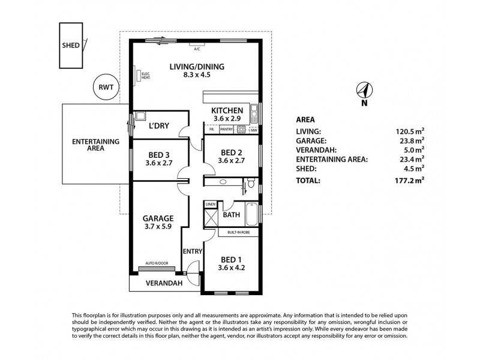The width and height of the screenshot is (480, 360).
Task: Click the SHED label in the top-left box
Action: pyautogui.click(x=70, y=45)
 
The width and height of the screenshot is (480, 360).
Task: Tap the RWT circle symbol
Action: pyautogui.click(x=106, y=87)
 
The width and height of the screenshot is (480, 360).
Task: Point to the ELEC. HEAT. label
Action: pyautogui.click(x=145, y=76)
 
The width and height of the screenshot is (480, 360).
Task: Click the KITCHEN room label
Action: pyautogui.click(x=227, y=110)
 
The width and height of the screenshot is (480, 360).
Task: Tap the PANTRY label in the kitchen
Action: pyautogui.click(x=227, y=129)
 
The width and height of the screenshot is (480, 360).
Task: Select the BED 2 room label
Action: pyautogui.click(x=231, y=152)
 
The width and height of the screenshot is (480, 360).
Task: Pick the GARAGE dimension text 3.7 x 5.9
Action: pyautogui.click(x=158, y=227)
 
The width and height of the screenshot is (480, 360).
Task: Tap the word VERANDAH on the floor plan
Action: pyautogui.click(x=161, y=283)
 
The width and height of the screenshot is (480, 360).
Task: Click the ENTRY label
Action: pyautogui.click(x=193, y=251)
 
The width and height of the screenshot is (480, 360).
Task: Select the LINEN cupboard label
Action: pyautogui.click(x=210, y=205)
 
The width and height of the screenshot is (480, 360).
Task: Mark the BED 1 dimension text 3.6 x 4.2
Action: pyautogui.click(x=231, y=270)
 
